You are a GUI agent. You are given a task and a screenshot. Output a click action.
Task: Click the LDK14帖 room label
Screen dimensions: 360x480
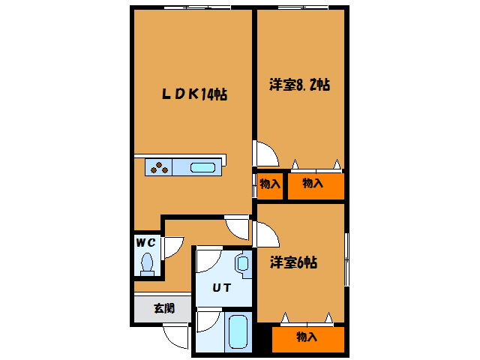(193, 94)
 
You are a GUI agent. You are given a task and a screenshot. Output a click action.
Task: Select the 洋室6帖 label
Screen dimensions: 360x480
(293, 262)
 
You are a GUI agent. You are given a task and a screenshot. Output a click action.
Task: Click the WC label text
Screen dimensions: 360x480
(145, 242)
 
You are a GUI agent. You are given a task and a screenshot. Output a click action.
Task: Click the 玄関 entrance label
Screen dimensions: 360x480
(164, 307)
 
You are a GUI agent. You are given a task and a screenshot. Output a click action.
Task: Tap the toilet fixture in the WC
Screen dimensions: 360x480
(147, 263)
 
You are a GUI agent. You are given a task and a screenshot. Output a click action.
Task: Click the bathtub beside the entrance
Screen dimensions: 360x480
(237, 330)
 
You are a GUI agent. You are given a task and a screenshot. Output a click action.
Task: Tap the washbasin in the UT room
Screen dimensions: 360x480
(242, 263)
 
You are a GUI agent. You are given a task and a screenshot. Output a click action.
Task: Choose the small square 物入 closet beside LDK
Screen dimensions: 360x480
(269, 184)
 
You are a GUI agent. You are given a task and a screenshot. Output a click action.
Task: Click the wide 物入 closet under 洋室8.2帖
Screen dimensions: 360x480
(313, 184)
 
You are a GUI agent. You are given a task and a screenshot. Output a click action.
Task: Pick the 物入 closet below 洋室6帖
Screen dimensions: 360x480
(307, 337)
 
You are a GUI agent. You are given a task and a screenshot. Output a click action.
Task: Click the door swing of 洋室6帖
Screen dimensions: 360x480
(265, 234)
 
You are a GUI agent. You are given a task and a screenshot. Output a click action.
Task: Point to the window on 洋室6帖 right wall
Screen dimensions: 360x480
(346, 259)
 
